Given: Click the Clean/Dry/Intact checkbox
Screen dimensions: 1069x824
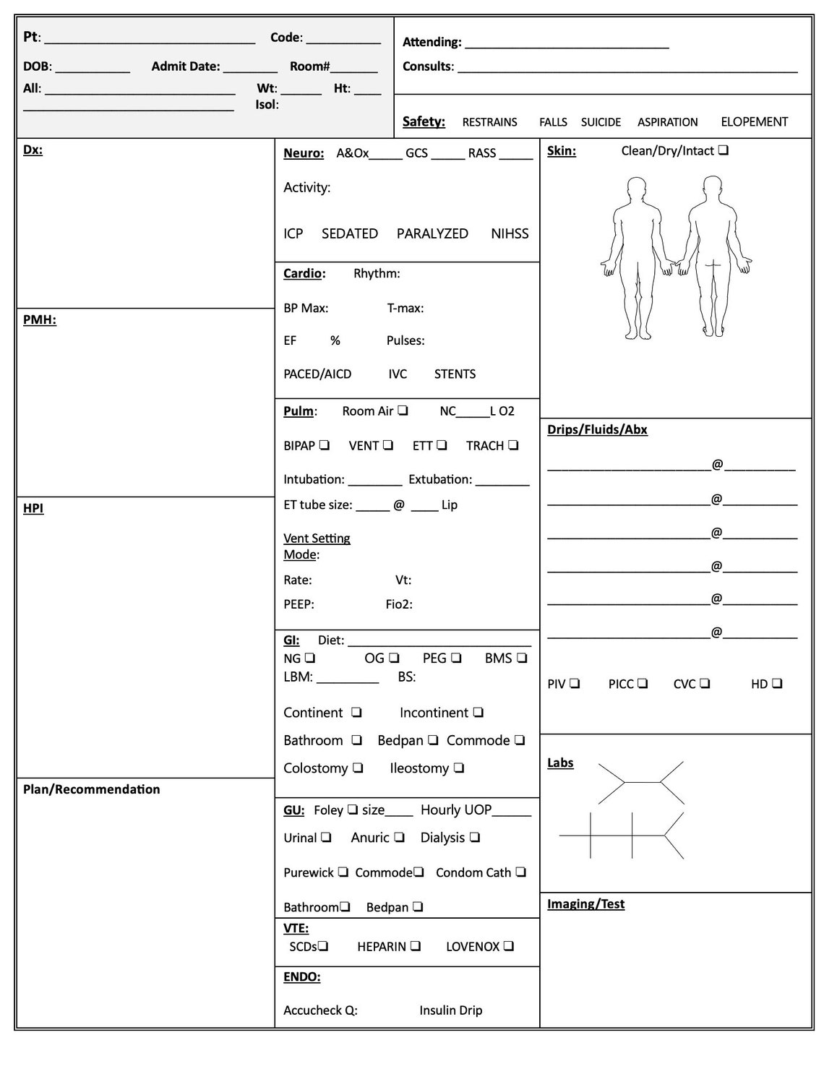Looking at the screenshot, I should (x=724, y=150).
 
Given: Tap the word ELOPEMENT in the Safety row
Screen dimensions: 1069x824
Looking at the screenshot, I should (x=754, y=122).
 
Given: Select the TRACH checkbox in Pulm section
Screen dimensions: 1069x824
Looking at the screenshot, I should (x=513, y=445).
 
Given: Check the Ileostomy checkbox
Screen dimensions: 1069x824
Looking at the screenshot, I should (x=459, y=768).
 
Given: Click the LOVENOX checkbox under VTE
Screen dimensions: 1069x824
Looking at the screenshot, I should (x=509, y=945).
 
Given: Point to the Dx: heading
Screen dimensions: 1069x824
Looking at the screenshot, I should (x=33, y=150).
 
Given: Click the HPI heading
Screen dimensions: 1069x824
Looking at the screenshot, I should (x=33, y=508).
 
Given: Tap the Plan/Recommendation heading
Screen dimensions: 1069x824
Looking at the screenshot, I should (x=92, y=789).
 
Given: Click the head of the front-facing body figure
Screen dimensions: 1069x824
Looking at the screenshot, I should (x=637, y=187).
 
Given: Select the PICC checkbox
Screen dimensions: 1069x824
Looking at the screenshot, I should (x=643, y=683).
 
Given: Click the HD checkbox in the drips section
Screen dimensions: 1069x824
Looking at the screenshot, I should (x=777, y=683).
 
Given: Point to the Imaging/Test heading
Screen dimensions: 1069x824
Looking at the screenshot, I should (x=585, y=904).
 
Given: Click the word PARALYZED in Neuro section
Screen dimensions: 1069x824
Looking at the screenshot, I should (x=432, y=233).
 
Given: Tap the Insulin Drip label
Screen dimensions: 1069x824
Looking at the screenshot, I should (x=450, y=1010).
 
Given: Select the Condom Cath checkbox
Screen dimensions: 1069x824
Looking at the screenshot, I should (x=521, y=872).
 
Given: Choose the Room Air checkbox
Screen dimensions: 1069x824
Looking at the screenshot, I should (x=403, y=411).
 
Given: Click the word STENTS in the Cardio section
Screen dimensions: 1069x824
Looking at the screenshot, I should (x=455, y=374).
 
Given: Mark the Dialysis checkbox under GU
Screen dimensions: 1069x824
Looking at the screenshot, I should (x=475, y=837).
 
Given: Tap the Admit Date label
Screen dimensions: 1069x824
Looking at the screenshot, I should (x=186, y=66).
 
